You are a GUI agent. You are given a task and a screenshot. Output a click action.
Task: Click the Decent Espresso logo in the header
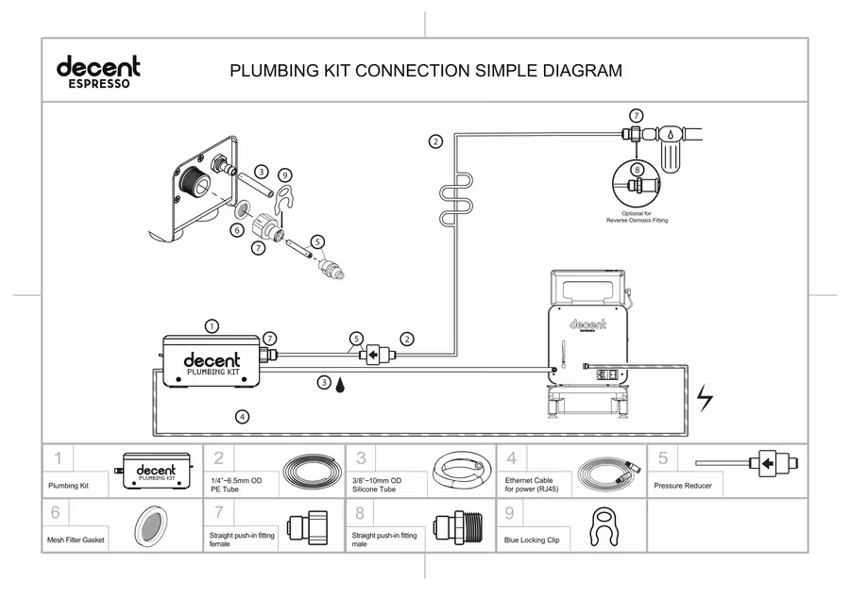pos(98,71)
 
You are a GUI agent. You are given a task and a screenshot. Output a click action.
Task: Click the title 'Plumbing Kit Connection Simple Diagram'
pos(426,71)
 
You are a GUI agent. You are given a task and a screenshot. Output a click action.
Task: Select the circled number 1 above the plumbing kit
pos(212,325)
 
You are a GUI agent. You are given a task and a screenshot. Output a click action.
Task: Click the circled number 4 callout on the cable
pos(242,416)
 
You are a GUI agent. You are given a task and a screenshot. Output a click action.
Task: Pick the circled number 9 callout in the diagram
pos(285,175)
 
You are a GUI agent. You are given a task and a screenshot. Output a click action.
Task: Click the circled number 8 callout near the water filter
pos(637,170)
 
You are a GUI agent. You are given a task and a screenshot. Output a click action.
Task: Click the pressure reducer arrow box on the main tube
pos(373,357)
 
